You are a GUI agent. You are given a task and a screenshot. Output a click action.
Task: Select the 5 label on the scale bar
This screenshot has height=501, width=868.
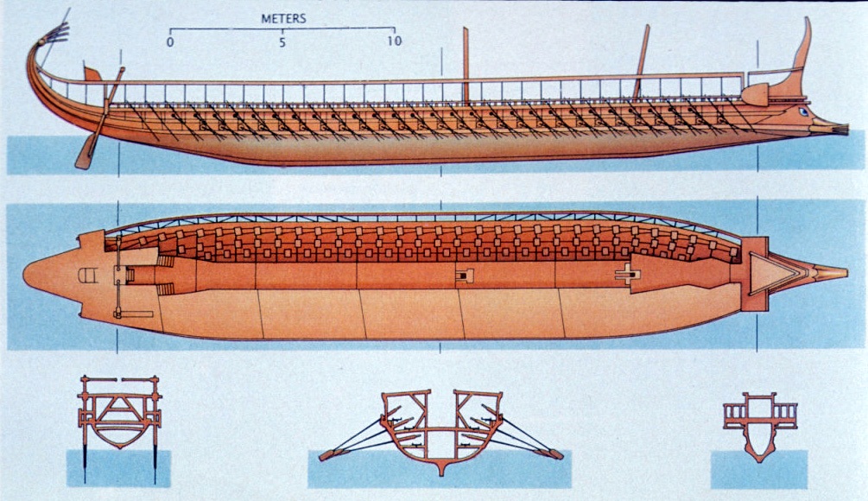pos(282,41)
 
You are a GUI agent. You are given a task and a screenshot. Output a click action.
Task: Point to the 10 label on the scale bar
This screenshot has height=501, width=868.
pos(394,41)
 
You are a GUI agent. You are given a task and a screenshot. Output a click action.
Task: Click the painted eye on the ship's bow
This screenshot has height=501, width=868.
pos(804,111)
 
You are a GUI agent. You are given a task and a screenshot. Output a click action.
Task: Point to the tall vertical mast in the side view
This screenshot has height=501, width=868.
pos(466,65)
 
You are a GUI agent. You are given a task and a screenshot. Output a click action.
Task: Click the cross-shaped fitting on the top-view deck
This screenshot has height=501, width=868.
pos(624,276)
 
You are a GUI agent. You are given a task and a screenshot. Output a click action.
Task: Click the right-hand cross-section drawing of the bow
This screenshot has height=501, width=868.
pos(759,423)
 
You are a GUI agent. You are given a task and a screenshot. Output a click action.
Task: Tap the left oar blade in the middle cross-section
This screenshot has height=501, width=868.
pos(328,454)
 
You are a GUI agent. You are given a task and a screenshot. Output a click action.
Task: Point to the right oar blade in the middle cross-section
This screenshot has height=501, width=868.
pos(554,453)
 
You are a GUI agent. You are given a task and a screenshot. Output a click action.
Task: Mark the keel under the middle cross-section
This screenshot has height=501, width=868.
pos(441,469)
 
